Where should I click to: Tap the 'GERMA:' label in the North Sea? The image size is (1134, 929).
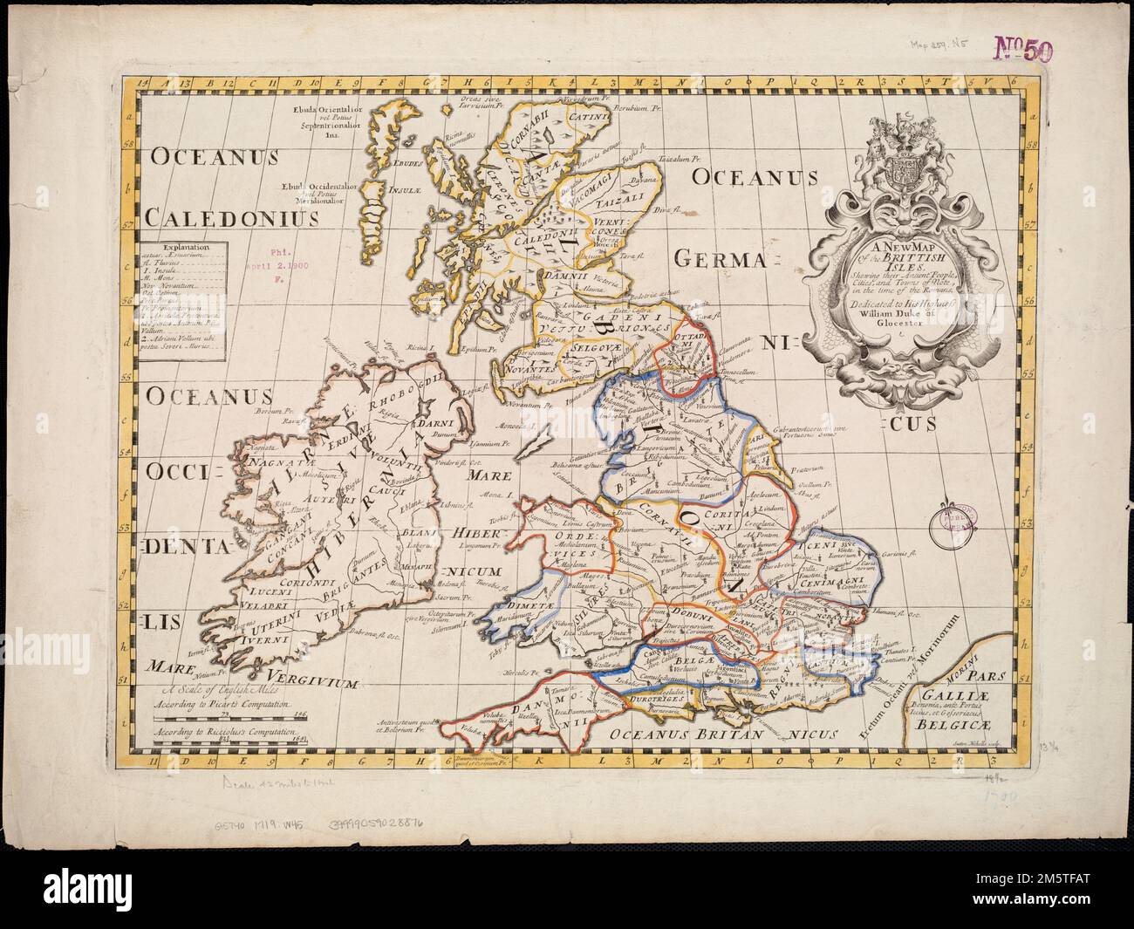725,259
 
